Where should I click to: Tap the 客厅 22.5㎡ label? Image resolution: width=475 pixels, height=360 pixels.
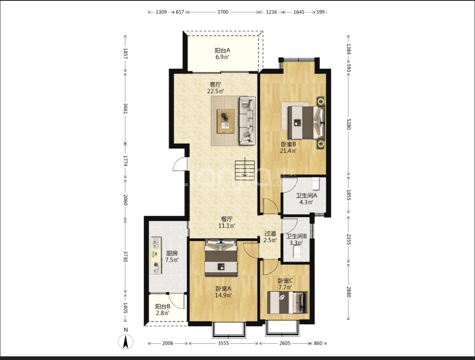pos(216,88)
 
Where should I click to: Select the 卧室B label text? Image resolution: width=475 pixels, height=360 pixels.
pos(288,144)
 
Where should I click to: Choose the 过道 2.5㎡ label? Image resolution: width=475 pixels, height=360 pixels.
pos(270,237)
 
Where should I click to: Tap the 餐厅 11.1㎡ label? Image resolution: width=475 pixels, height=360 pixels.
pos(227,222)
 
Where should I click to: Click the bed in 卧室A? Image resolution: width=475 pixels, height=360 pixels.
pos(221,258)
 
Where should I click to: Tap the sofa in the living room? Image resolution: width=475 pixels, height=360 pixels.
pos(248,121)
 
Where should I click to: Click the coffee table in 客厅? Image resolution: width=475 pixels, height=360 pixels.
pos(226,121)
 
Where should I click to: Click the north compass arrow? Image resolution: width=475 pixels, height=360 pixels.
pos(126,342)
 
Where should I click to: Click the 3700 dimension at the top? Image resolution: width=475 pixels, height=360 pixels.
pos(222,12)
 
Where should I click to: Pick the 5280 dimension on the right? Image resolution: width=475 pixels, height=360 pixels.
pos(349,124)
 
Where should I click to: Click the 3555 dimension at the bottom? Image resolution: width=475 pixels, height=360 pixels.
pos(223,343)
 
